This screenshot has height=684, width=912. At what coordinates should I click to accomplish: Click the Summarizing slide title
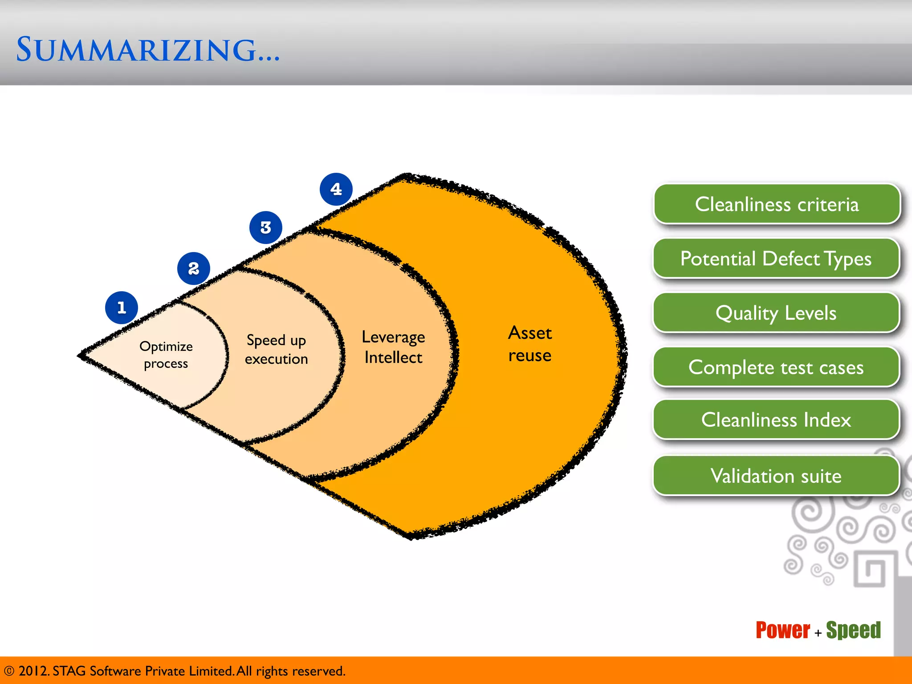point(148,50)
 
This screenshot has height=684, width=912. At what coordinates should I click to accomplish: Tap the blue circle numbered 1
point(122,308)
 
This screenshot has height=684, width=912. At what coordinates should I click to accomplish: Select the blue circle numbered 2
point(193,269)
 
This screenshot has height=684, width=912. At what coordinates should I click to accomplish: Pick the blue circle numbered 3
point(266,228)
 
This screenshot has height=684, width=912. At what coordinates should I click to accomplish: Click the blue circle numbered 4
point(336,189)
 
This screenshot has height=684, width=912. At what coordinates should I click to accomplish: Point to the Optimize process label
point(166,355)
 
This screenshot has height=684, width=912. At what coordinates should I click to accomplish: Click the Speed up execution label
point(276,350)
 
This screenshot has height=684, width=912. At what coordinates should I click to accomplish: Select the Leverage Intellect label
point(393,347)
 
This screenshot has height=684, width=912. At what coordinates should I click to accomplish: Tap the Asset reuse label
point(530,344)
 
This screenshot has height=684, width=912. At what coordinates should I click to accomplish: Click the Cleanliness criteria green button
point(776,204)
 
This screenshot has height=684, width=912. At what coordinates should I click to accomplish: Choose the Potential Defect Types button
point(776,259)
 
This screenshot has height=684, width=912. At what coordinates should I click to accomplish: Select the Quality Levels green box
point(776,313)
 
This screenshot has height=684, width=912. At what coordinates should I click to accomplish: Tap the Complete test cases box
point(776,367)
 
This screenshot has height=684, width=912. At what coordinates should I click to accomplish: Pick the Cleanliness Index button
point(776,420)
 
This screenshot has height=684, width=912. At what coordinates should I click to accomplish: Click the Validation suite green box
point(776,476)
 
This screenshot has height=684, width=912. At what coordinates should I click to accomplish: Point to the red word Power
point(783,631)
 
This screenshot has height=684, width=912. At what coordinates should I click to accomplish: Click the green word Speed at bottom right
point(853,631)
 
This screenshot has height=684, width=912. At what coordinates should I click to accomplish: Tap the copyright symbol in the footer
point(9,671)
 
